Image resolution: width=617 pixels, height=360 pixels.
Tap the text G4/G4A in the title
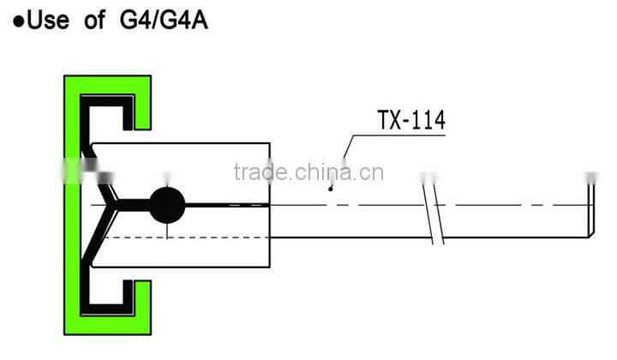point(159,20)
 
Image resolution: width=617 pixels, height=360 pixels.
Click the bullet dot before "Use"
point(18,21)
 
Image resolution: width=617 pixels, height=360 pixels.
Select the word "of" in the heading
point(95,20)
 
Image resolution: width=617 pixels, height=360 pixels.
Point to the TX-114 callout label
point(411,121)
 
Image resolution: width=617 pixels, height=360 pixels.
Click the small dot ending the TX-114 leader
point(331,186)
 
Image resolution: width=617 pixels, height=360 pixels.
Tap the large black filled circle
point(167,205)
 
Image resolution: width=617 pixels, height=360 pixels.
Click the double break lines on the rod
point(433,206)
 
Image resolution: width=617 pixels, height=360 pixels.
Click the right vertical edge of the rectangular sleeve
point(270,205)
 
